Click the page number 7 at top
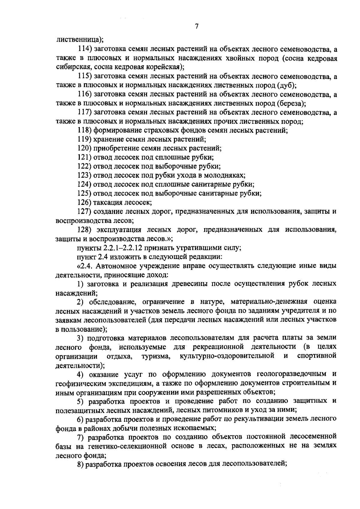tap(196, 27)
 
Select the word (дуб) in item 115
tap(287, 85)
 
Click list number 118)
tap(85, 130)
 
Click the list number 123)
tap(85, 175)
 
